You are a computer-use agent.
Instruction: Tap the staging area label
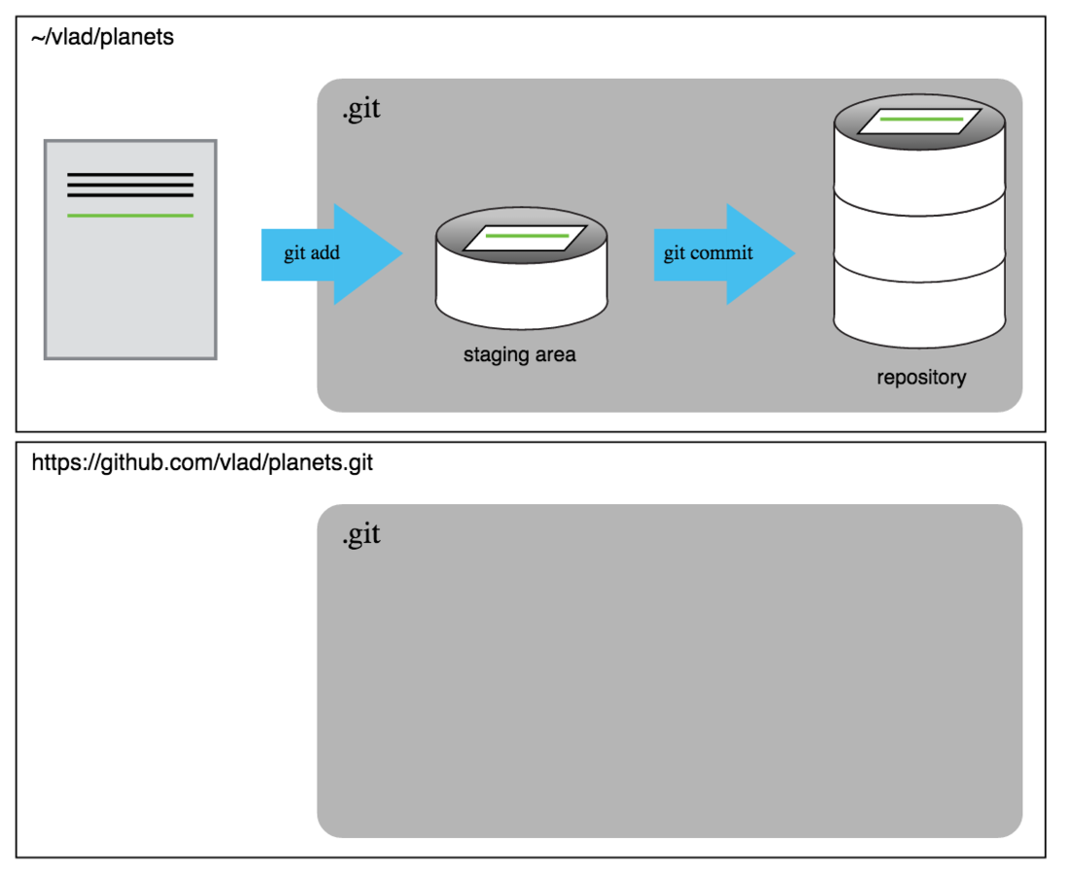[x=519, y=355]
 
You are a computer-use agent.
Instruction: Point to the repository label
[x=921, y=377]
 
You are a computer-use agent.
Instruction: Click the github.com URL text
[x=202, y=462]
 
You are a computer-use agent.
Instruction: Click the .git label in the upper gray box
[x=362, y=110]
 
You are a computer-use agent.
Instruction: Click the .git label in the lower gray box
[x=362, y=534]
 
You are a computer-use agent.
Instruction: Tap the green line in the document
[x=130, y=215]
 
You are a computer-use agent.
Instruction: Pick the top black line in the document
[x=130, y=175]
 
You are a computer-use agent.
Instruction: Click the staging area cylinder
[x=522, y=291]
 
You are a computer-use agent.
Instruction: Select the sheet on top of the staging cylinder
[x=526, y=237]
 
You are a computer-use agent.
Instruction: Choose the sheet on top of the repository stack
[x=920, y=120]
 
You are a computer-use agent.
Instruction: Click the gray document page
[x=130, y=291]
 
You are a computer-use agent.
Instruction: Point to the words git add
[x=312, y=254]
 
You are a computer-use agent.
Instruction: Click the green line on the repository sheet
[x=920, y=119]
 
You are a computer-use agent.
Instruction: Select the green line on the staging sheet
[x=526, y=236]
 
